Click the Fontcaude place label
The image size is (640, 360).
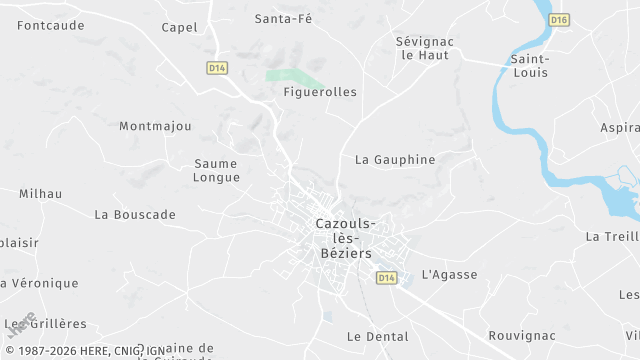tap(51, 25)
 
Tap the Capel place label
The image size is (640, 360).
tap(179, 27)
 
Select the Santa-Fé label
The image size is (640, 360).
tap(284, 18)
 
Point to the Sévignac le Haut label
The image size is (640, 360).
tap(422, 48)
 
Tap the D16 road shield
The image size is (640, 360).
tap(559, 19)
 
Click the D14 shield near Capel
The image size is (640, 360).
tap(217, 67)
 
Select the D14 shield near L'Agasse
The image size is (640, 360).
tap(386, 277)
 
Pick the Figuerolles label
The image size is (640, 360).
tap(320, 92)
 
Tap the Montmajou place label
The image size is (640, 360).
tap(155, 126)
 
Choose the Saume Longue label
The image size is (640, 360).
tap(217, 170)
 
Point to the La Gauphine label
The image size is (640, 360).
tap(395, 159)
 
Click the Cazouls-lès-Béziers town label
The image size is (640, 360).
tap(346, 238)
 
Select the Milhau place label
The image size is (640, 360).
tap(40, 193)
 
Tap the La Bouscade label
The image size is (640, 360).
tap(135, 214)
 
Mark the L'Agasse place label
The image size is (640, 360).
tap(449, 274)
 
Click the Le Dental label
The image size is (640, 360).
tap(378, 336)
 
